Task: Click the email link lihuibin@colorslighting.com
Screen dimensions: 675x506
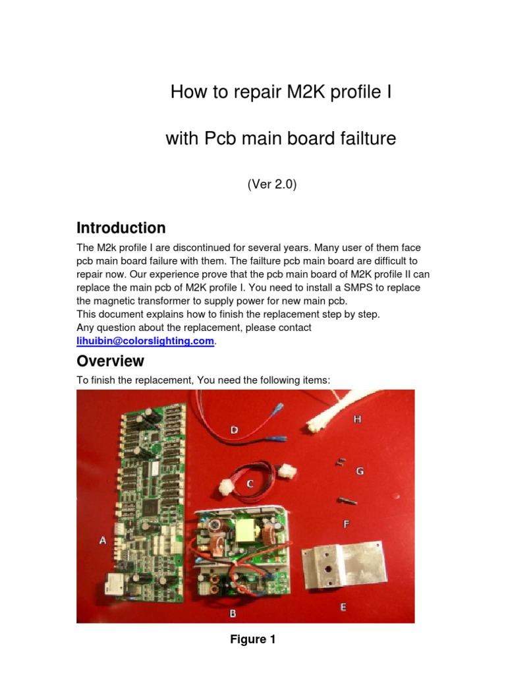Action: pos(146,341)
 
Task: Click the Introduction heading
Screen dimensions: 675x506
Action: pos(121,228)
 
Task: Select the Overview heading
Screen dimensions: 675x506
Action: pos(110,361)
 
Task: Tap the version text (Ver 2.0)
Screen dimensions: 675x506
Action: pos(272,185)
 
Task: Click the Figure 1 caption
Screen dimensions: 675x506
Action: pos(253,639)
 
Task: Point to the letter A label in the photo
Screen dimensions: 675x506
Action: pos(103,541)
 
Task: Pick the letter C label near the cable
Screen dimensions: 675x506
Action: pos(250,483)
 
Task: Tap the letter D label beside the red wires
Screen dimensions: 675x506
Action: pos(234,430)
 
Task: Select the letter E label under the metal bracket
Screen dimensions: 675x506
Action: pos(343,608)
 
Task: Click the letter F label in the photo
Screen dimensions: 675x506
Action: pos(347,524)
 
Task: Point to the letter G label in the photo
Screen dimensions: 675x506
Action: pos(360,471)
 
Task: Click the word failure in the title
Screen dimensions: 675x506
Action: pos(364,139)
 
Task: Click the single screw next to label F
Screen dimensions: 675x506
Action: pos(346,503)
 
